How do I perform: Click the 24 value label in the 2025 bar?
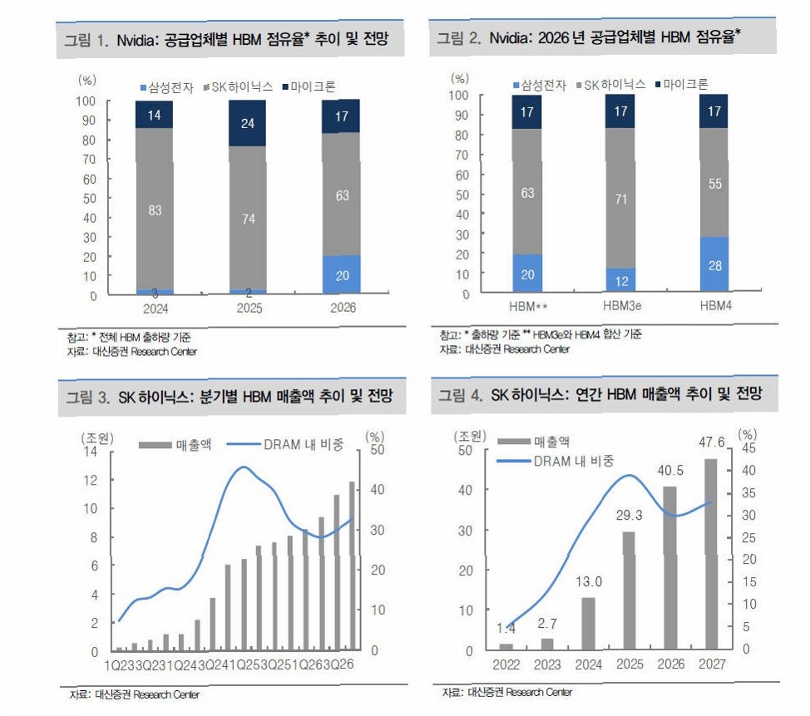(248, 123)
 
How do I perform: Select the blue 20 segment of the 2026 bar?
(343, 274)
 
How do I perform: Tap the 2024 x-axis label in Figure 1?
(155, 308)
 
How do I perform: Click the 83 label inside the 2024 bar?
(155, 210)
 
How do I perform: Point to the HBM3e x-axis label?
(620, 307)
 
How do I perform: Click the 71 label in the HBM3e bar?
(620, 200)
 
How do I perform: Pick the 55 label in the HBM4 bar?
(714, 185)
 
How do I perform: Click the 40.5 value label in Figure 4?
(670, 470)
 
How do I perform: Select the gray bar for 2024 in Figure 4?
(588, 623)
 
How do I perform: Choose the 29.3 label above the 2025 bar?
(630, 515)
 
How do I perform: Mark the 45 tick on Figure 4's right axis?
(748, 449)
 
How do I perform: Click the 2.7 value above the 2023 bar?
(546, 623)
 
